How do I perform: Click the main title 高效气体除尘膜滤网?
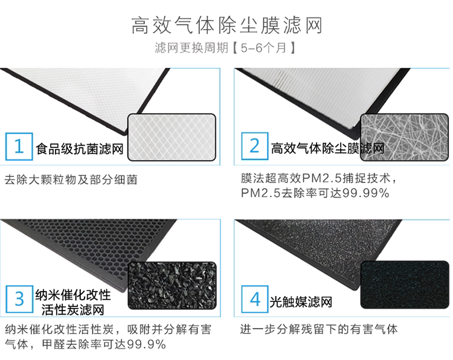(226, 25)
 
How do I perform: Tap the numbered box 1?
(19, 147)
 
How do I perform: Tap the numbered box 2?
(254, 147)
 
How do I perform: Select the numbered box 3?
(19, 299)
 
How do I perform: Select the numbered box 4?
(254, 299)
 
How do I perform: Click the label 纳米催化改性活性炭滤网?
(74, 302)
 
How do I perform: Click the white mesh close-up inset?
(172, 137)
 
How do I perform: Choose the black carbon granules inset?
(172, 285)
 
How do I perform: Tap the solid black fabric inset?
(405, 285)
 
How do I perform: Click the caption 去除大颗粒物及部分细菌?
(71, 179)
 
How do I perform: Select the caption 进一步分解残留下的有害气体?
(319, 330)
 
